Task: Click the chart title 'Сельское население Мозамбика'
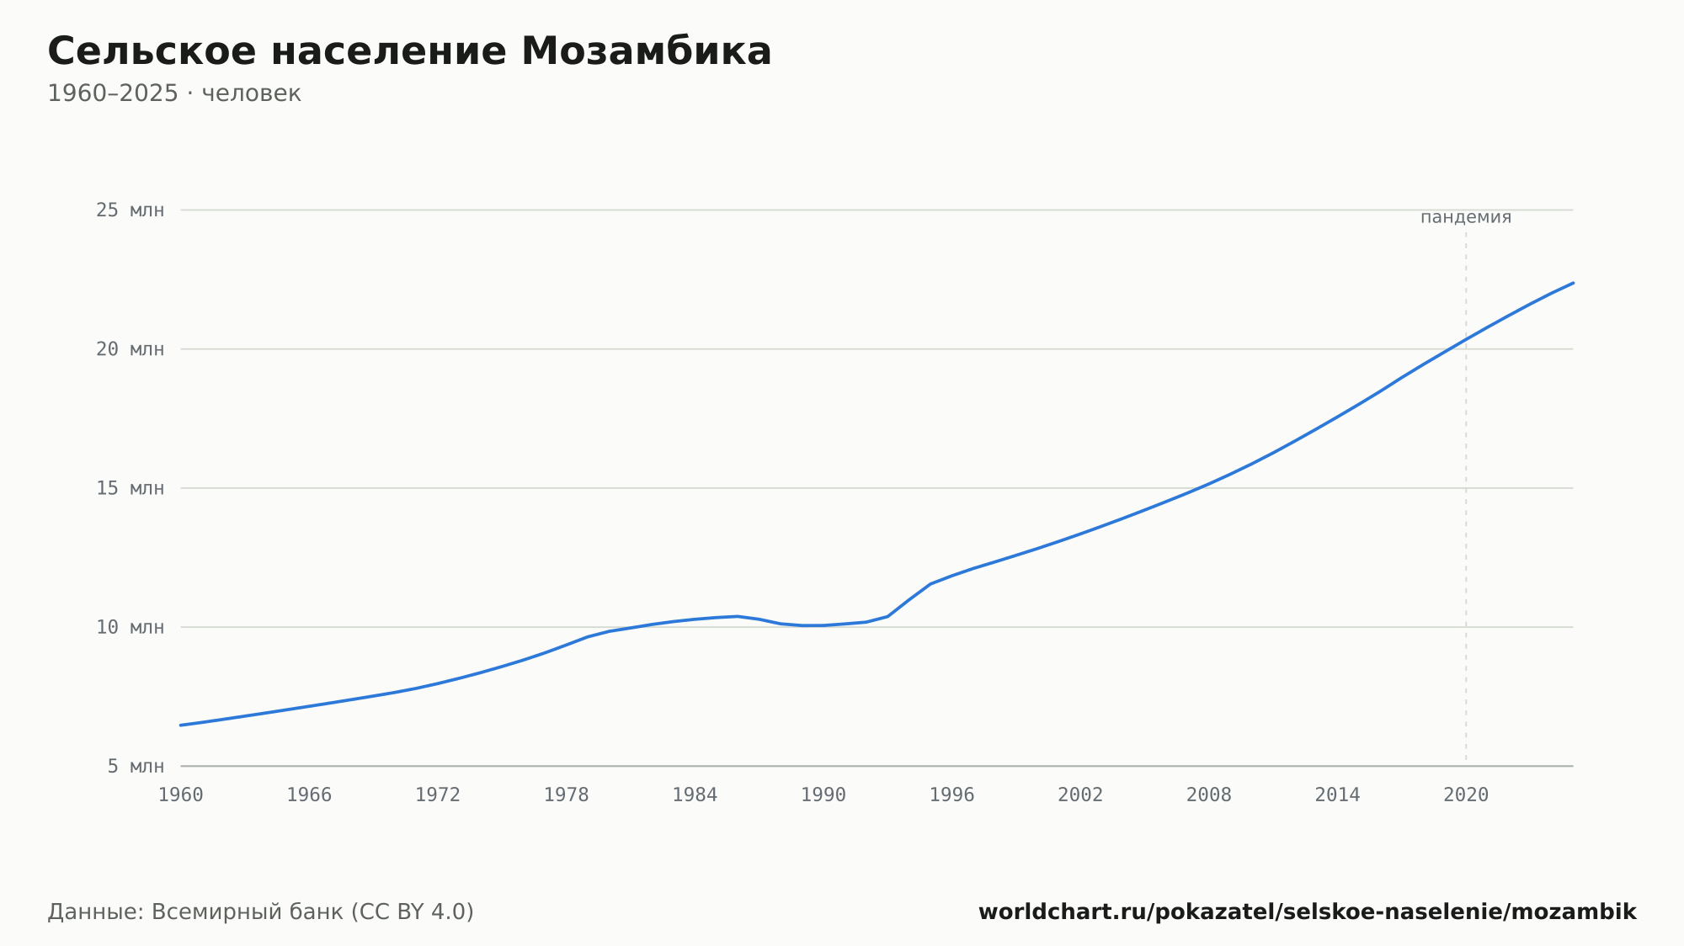click(409, 51)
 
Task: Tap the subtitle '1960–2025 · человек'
click(174, 93)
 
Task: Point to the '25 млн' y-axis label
click(130, 210)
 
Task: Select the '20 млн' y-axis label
click(130, 349)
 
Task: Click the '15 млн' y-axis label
click(130, 488)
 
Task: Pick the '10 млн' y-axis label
click(130, 627)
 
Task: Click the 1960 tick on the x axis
click(181, 795)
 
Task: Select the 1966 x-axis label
click(309, 795)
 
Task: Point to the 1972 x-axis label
click(438, 795)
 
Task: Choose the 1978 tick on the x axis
click(567, 795)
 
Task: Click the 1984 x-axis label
click(695, 795)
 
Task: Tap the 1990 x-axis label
click(823, 795)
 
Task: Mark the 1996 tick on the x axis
click(952, 795)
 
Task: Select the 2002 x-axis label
click(1080, 795)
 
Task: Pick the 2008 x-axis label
click(1209, 795)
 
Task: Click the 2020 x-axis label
click(1466, 795)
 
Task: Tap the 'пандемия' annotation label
click(1466, 217)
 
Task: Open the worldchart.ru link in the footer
click(1308, 912)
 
